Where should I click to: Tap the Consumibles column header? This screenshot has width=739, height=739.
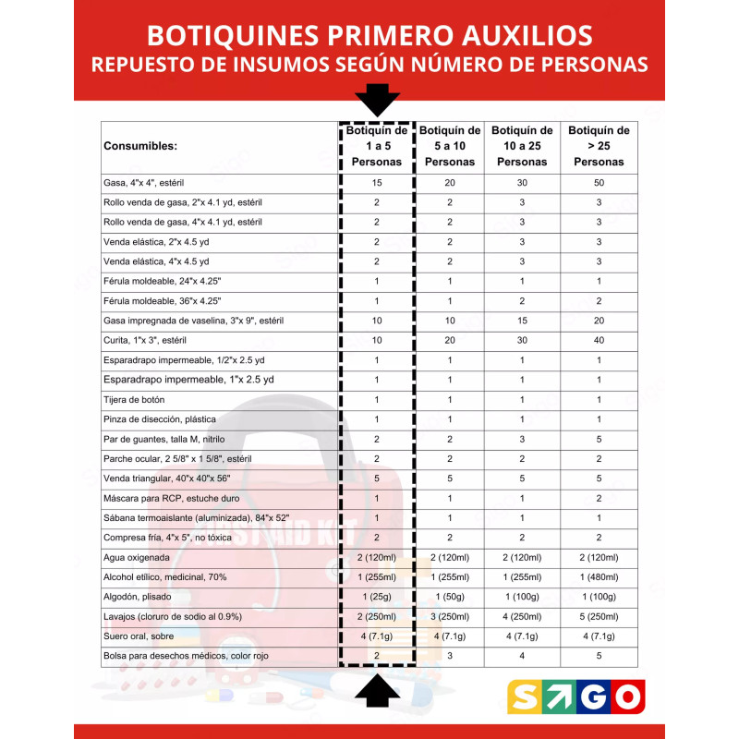coord(140,146)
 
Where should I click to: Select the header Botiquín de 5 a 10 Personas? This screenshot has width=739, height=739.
coord(450,146)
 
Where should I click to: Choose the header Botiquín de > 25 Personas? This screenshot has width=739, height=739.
coord(599,146)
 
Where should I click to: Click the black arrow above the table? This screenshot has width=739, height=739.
coord(377,98)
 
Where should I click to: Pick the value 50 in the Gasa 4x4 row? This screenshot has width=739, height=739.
coord(599,183)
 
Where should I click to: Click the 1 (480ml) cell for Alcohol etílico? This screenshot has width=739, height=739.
coord(599,576)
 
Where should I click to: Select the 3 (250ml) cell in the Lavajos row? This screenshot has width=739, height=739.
coord(450,616)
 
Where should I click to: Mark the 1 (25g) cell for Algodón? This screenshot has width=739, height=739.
coord(377,597)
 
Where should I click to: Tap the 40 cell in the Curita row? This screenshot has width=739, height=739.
coord(599,340)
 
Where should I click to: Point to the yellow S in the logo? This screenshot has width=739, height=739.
coord(525,697)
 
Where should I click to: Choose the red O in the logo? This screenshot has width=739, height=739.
coord(627,697)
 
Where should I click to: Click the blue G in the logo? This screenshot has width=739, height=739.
coord(593,697)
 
